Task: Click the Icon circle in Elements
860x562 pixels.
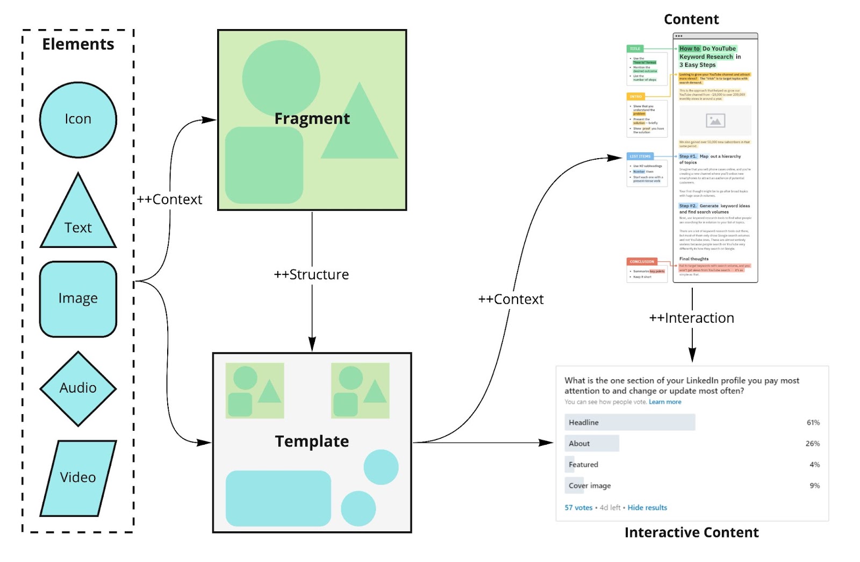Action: [78, 119]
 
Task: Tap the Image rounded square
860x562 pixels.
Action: [78, 299]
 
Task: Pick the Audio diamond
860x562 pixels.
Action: [78, 388]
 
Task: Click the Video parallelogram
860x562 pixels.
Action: [78, 478]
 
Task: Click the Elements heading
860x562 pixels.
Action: [78, 44]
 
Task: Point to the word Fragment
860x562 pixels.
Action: [312, 119]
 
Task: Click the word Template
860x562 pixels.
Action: [312, 442]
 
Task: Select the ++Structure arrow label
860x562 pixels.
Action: [311, 275]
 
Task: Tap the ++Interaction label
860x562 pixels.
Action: [691, 318]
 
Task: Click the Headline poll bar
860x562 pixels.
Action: [629, 423]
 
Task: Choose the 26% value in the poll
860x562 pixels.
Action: [812, 444]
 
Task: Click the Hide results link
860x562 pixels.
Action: [647, 508]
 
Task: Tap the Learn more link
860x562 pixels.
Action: [665, 402]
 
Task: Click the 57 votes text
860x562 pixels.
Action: [578, 508]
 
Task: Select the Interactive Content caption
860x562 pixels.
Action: [691, 532]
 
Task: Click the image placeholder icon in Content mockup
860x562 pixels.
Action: [715, 121]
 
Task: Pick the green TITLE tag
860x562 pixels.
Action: [635, 49]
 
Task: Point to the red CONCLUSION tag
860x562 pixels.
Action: [642, 262]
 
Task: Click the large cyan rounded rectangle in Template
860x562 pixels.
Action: [278, 498]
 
